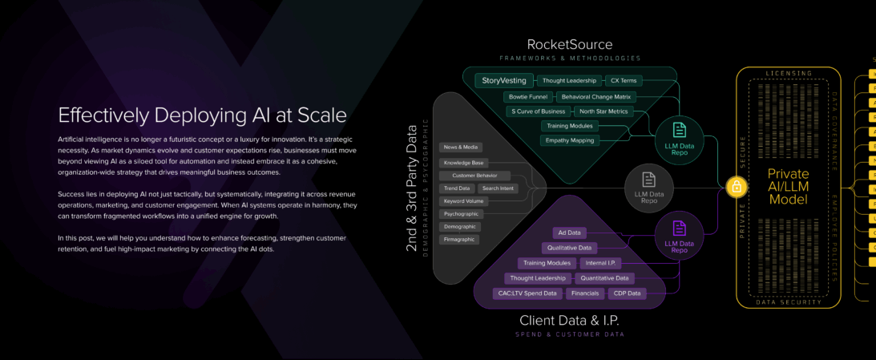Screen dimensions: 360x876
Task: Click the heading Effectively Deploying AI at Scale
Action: coord(202,115)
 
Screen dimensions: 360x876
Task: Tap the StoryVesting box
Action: coord(503,81)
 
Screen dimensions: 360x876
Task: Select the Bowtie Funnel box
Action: coord(527,96)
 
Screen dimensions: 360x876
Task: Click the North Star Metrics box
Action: coord(603,111)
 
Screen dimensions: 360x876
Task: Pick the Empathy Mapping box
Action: coord(570,140)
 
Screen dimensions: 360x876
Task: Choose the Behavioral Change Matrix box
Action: coord(595,96)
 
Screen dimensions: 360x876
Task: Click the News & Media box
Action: coord(460,148)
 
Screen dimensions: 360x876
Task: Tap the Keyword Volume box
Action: coord(463,200)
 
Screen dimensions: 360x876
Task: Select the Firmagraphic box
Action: coord(459,239)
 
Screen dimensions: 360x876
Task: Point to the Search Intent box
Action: coord(498,188)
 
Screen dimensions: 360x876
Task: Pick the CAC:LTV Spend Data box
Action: coord(527,293)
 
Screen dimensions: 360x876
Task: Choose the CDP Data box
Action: coord(627,293)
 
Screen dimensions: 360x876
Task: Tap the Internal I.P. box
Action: coord(600,263)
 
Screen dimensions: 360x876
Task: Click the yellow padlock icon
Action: coord(736,187)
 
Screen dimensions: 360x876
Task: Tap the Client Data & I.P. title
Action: coord(569,321)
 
